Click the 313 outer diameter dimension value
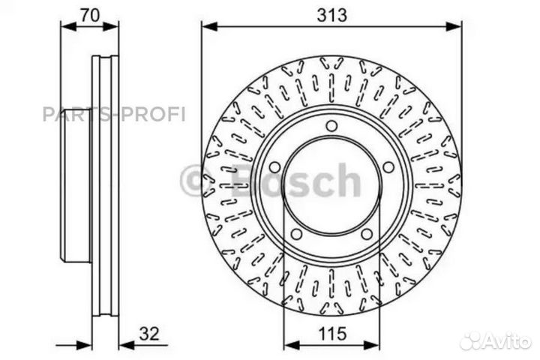click(x=331, y=13)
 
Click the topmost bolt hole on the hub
click(x=331, y=125)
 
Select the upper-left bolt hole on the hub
click(x=274, y=166)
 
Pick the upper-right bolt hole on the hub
click(x=388, y=166)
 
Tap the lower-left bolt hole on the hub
click(x=296, y=234)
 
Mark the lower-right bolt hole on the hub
click(x=367, y=234)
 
